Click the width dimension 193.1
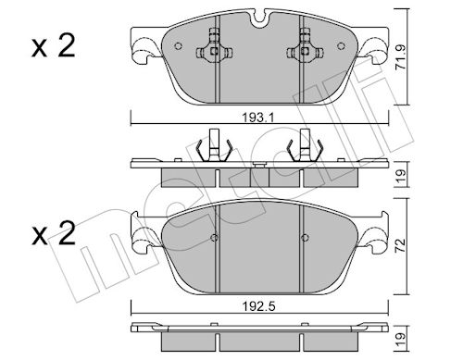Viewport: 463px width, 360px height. pos(258,118)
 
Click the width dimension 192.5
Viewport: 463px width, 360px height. pos(258,306)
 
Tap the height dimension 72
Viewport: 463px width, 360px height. pos(401,245)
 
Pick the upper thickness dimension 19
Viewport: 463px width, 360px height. pos(401,176)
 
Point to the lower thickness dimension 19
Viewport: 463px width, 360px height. pos(401,340)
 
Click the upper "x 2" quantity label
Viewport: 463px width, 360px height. pos(54,46)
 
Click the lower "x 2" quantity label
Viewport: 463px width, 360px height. pos(54,233)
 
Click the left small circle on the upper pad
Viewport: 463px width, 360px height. pos(178,46)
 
